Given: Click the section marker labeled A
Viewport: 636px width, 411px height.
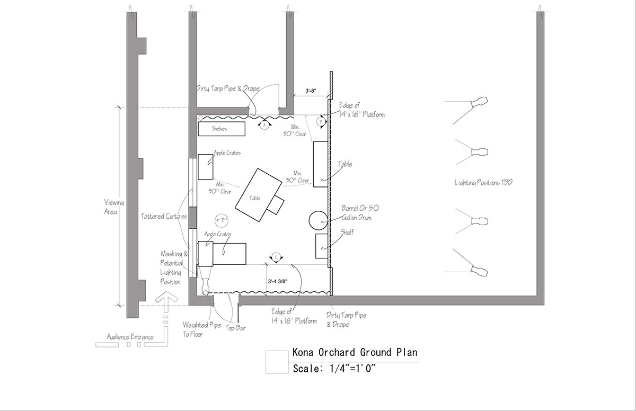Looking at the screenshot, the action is click(x=264, y=125).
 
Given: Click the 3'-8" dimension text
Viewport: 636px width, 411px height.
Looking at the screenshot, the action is click(x=311, y=91).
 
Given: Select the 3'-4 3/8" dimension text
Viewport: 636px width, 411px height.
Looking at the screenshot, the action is click(x=277, y=281).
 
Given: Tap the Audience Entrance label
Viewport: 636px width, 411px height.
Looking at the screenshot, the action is click(x=130, y=337).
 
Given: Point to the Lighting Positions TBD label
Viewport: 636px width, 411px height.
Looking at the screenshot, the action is click(x=483, y=183).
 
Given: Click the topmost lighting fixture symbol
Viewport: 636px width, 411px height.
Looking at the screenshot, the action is click(x=479, y=102).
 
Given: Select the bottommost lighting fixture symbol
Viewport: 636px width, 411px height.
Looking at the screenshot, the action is click(x=479, y=270).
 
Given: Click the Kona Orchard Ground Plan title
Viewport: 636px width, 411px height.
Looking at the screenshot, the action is click(x=355, y=352).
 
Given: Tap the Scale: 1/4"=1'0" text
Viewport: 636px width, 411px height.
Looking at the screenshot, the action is click(x=334, y=369).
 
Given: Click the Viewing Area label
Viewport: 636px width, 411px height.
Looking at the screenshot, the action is click(x=114, y=207).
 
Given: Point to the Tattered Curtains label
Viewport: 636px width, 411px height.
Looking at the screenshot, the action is click(x=164, y=217).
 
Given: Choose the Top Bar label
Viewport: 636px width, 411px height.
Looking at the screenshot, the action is click(x=236, y=328).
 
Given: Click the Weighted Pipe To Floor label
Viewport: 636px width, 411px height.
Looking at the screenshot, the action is click(x=201, y=329).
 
